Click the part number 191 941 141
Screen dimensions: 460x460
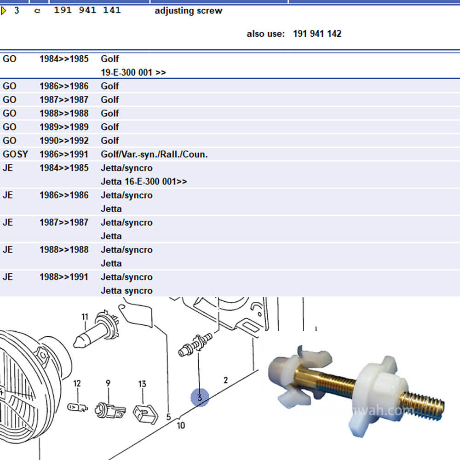pos(87,10)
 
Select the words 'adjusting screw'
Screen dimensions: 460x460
pos(188,11)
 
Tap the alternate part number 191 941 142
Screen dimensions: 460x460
pos(317,34)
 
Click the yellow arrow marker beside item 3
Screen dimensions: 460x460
pos(4,11)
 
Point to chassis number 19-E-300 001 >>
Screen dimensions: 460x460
pos(133,72)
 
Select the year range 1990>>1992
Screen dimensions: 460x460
pos(64,140)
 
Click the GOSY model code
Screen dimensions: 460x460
pos(15,154)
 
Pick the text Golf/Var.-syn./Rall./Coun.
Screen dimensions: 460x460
pos(154,154)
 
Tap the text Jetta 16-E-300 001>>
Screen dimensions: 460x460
pos(144,181)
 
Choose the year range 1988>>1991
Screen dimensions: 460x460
pos(64,277)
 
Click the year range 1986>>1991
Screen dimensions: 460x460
pos(64,154)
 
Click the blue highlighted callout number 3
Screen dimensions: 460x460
pos(200,397)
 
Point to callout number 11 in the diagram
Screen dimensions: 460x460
pos(85,316)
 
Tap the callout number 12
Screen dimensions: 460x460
pos(77,383)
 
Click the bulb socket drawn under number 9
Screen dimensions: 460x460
pos(109,409)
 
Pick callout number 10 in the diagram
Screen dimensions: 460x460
pos(181,425)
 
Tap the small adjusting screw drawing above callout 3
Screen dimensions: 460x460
pos(195,345)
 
